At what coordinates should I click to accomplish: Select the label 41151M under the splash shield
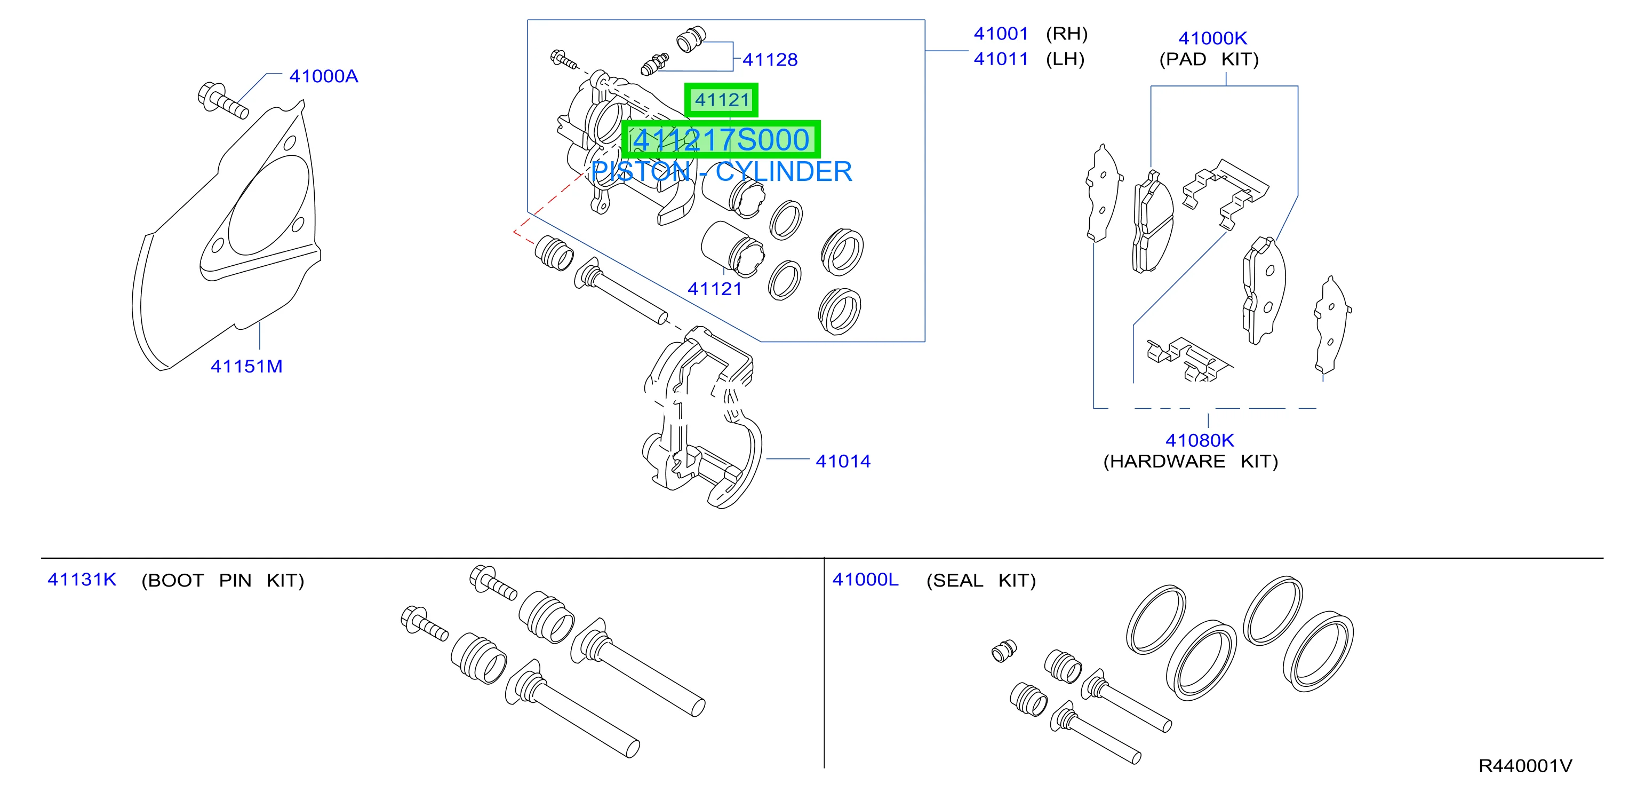(246, 367)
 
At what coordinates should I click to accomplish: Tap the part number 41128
(770, 60)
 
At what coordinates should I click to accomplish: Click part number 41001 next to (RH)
(1001, 34)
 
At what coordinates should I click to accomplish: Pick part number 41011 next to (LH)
(1001, 59)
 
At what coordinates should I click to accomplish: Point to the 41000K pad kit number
(1212, 38)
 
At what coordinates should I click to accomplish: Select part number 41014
(843, 461)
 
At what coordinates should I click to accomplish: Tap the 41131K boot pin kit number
(82, 579)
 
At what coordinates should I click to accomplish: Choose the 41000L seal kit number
(865, 579)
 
